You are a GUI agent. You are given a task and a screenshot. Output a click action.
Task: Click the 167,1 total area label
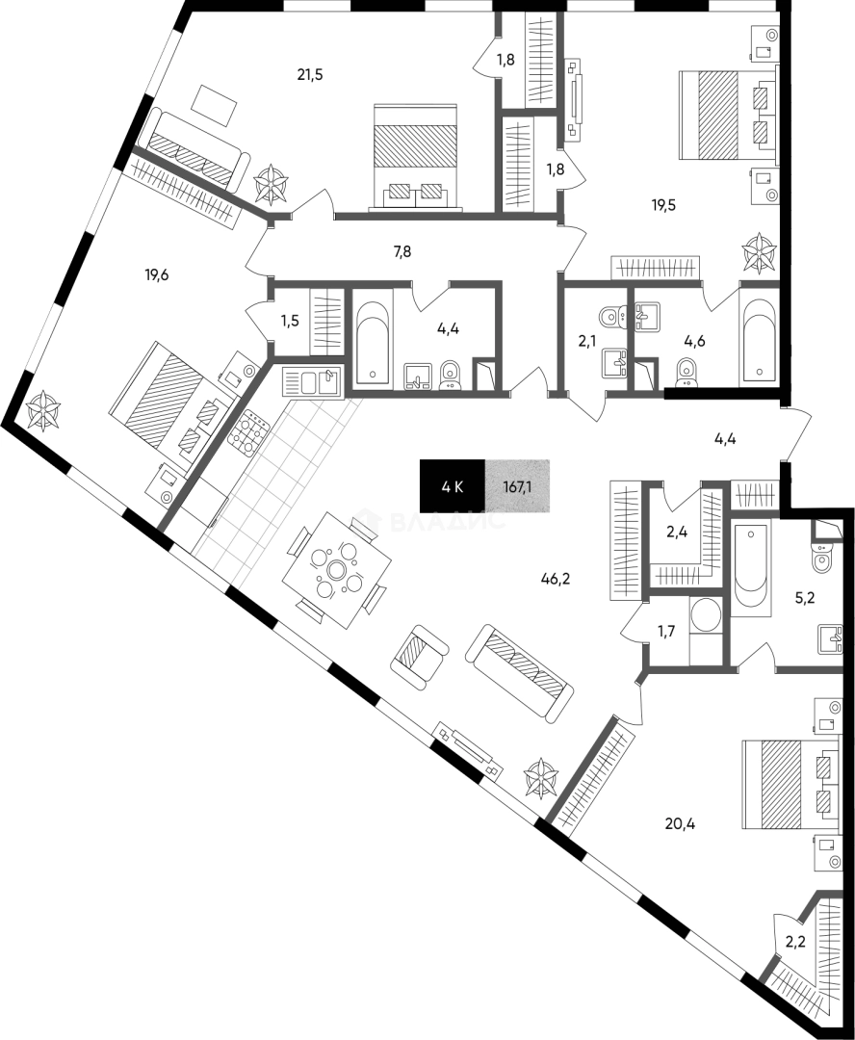tap(517, 487)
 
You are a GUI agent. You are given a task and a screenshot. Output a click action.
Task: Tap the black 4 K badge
tap(453, 487)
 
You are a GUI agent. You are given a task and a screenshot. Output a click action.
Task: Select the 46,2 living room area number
tap(556, 579)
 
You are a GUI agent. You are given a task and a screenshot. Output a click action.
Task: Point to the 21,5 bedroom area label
tap(310, 75)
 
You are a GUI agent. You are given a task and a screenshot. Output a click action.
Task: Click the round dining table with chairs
tap(336, 570)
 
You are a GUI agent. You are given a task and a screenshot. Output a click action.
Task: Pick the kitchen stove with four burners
tap(248, 432)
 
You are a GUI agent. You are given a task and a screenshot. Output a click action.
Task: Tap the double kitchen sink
tap(312, 382)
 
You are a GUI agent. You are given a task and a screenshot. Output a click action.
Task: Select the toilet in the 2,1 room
tap(612, 317)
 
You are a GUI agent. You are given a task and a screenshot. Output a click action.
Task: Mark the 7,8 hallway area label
tap(402, 251)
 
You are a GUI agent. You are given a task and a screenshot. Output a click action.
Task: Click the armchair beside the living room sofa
tap(419, 657)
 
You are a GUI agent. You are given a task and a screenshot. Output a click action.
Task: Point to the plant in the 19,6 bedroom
tap(43, 410)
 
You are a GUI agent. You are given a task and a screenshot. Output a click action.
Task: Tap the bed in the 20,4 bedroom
tap(790, 785)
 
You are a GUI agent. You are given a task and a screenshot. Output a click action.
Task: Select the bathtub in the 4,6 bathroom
tap(759, 340)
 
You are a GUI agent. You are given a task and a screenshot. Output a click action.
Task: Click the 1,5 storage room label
tap(289, 321)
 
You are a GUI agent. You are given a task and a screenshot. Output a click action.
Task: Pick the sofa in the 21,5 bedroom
tap(195, 149)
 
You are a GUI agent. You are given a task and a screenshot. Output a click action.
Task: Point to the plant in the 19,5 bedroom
tap(759, 252)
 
